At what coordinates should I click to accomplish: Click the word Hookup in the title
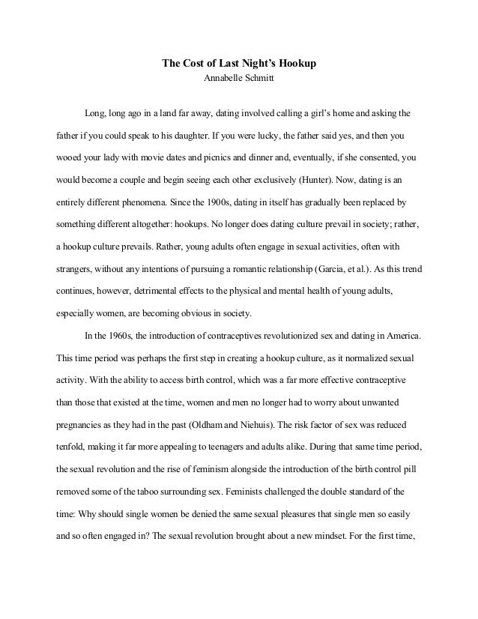click(x=297, y=64)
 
